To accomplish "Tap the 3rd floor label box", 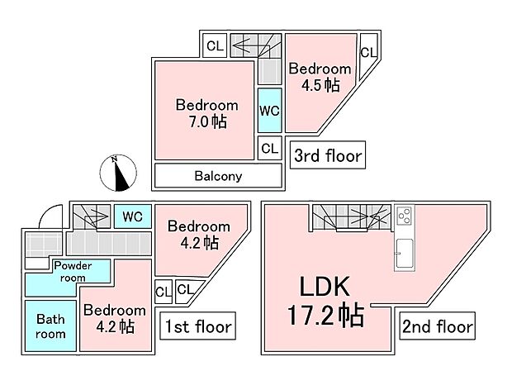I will tap(328, 154).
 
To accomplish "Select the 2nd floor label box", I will tap(438, 326).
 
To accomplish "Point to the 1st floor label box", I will tap(197, 326).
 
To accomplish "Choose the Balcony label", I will tap(218, 176).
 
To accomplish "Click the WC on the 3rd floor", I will tap(269, 110).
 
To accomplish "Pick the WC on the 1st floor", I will tap(132, 216).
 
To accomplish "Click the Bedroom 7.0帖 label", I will tap(206, 113).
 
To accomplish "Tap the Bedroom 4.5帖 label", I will tap(320, 77).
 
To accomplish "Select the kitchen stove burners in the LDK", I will tap(405, 216).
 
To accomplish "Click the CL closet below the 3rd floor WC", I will tap(269, 148).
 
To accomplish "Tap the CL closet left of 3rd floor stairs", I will tap(215, 46).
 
